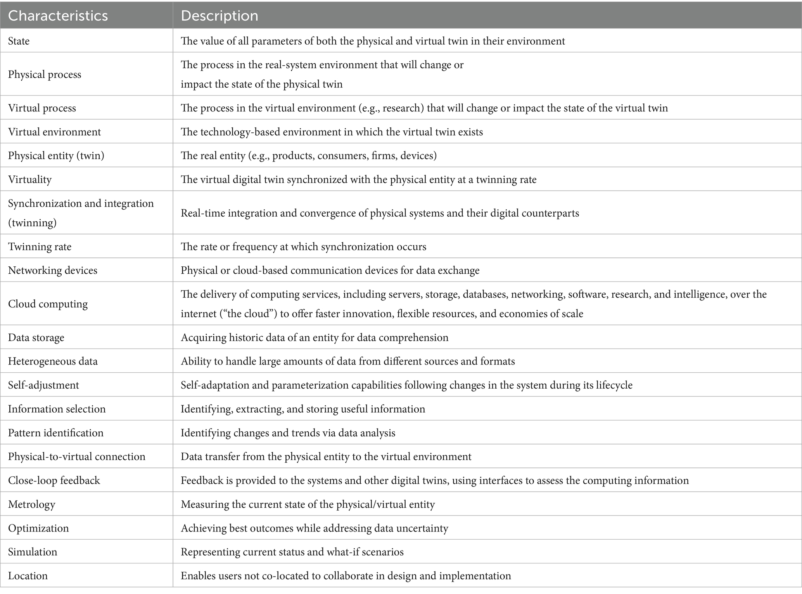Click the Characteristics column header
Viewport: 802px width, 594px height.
[x=58, y=16]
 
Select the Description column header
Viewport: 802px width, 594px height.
[x=220, y=16]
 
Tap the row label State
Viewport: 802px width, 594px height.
[x=19, y=41]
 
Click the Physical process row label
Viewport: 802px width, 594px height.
[x=45, y=74]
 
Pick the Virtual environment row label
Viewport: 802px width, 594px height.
[x=54, y=132]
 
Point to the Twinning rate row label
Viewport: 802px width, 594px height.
[x=40, y=247]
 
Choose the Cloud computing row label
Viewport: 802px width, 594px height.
[x=48, y=304]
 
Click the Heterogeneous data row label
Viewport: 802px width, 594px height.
[x=53, y=361]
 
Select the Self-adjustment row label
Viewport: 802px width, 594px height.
[x=43, y=385]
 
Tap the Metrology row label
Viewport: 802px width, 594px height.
[x=31, y=504]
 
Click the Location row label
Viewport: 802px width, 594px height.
[x=28, y=576]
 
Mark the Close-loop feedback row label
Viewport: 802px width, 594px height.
[x=54, y=481]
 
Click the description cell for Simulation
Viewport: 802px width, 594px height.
[x=292, y=552]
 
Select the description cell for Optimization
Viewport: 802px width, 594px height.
[x=314, y=528]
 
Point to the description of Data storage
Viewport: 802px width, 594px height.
[x=315, y=337]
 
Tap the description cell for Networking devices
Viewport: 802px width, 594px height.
[x=330, y=271]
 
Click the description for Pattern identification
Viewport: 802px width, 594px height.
[x=288, y=433]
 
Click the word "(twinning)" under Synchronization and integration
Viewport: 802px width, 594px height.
[x=32, y=222]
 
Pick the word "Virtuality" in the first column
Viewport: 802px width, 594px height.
[x=30, y=179]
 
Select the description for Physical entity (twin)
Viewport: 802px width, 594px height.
[x=309, y=156]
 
